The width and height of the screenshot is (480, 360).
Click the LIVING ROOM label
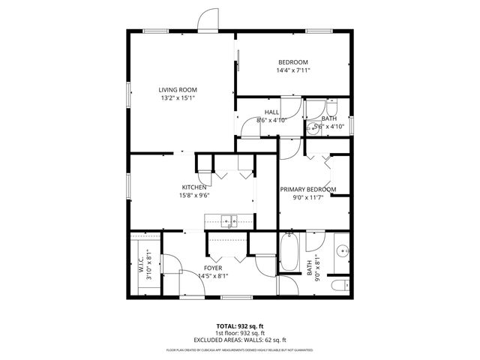[x=177, y=89]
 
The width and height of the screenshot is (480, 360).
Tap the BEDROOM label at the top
[x=293, y=62]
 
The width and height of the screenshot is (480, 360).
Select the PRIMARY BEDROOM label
[x=307, y=189]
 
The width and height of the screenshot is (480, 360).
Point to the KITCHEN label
[x=193, y=187]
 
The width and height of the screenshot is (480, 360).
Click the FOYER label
[x=213, y=268]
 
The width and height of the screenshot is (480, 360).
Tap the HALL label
[x=271, y=112]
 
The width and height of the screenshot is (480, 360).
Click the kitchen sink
[x=229, y=220]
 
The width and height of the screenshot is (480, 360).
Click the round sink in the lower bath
[x=341, y=250]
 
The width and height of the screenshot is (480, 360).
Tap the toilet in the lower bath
[x=340, y=286]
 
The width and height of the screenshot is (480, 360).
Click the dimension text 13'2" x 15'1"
[x=177, y=97]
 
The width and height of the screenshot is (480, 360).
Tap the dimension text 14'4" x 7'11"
[x=293, y=70]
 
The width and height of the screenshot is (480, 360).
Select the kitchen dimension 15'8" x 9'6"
[x=193, y=196]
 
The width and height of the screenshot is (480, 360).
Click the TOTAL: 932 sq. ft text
[x=239, y=325]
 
